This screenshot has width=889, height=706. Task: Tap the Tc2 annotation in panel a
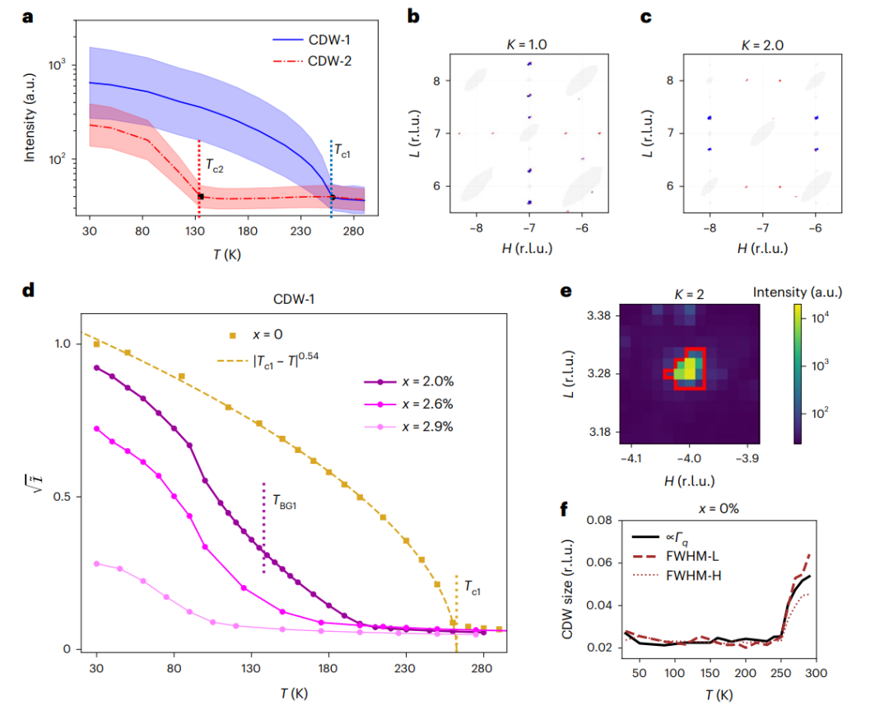coord(215,164)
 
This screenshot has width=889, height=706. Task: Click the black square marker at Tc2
coord(200,196)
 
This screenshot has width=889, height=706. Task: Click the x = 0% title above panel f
coord(718,508)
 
